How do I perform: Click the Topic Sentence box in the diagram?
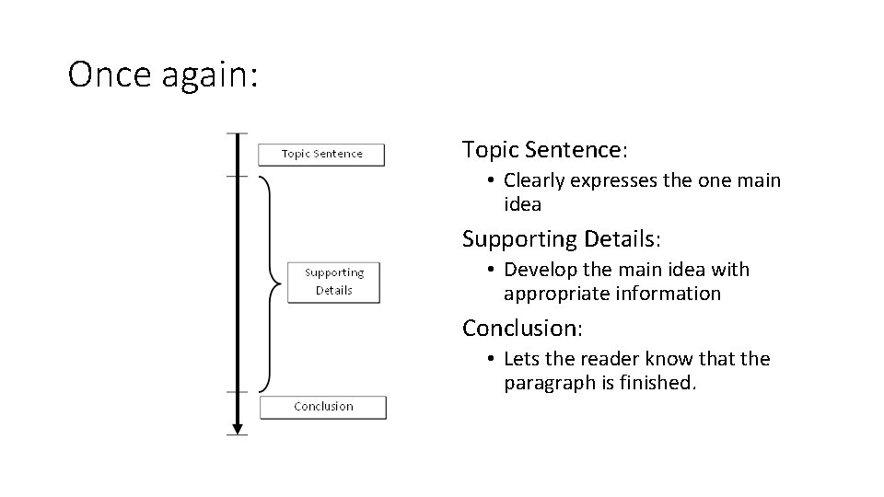321,154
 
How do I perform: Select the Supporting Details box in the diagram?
333,282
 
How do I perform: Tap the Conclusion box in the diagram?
323,407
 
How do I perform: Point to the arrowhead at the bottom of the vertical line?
238,427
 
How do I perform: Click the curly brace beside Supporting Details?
269,281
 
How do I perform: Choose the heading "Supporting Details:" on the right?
562,238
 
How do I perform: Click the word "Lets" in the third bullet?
519,359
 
